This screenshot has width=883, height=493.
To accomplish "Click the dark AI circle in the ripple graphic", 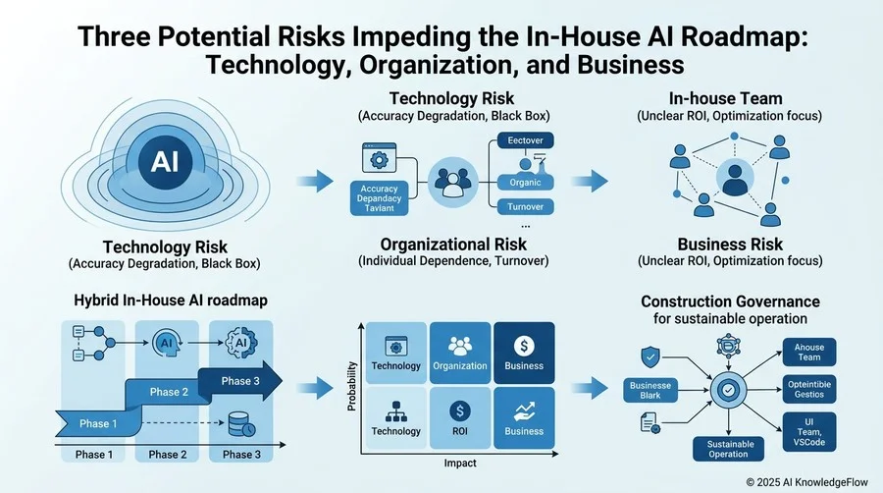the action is [165, 162].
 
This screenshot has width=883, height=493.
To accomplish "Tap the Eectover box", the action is [526, 140].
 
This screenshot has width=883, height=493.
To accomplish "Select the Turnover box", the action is [526, 207].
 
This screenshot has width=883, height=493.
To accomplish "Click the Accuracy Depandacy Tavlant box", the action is [379, 198].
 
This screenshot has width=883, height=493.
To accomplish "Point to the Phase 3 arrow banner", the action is [240, 381].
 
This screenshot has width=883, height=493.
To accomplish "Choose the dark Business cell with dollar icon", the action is [524, 353].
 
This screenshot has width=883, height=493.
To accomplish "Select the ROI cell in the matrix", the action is [460, 417].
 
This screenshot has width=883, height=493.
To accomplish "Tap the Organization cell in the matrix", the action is [460, 353].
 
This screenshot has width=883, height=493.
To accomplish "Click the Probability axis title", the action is [352, 387].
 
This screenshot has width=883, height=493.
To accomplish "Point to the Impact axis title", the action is [460, 464].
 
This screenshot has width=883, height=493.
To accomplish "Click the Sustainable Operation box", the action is [728, 449].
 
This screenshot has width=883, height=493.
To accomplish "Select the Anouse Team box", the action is [809, 353].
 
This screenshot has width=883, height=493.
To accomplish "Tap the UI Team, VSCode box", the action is [809, 431].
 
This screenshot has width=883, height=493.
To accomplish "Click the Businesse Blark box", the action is [650, 391].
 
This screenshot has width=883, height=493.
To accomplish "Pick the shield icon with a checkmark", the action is [650, 357].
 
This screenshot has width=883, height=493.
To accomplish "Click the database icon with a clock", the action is [242, 424].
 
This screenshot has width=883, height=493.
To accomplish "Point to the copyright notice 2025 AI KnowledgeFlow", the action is [807, 482].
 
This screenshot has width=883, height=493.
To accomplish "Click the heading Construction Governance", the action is [730, 301].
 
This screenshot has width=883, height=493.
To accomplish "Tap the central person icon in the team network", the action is [735, 178].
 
